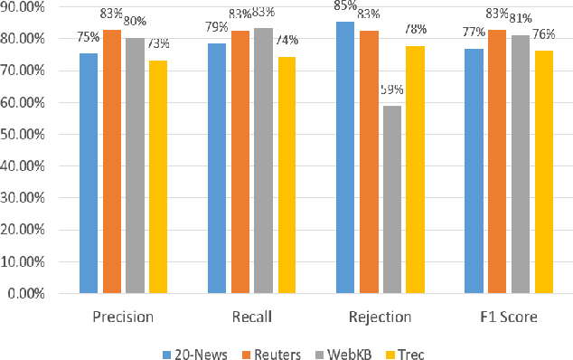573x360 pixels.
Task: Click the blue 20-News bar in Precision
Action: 89,173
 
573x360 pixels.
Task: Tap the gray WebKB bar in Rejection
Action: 391,199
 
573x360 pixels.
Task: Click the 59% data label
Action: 391,90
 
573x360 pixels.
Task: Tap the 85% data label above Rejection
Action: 344,6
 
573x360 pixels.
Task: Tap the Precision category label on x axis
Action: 123,317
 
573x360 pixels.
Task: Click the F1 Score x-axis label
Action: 508,317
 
